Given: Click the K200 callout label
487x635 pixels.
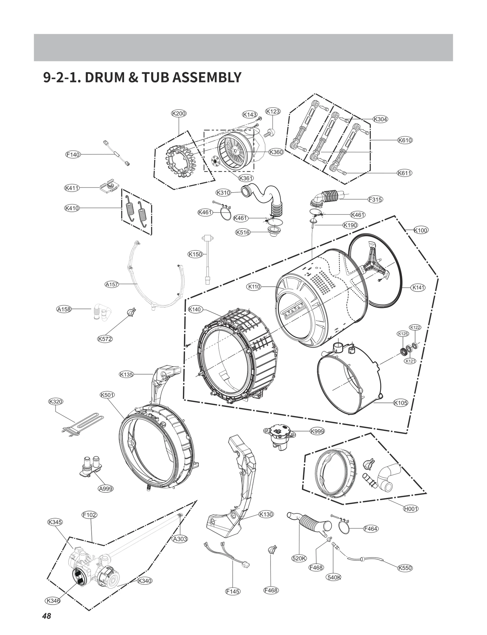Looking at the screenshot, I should [179, 113].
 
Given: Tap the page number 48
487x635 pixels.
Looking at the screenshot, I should [47, 616].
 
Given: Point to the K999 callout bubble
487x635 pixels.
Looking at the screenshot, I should [317, 431].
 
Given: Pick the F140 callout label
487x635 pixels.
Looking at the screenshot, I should [73, 154].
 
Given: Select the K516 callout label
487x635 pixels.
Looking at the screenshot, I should [243, 232].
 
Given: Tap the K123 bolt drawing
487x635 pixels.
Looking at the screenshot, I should [270, 132].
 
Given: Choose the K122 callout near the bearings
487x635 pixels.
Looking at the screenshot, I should [415, 327].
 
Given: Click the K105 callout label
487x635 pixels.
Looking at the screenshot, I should [401, 403].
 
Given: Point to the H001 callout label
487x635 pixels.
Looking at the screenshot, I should [411, 509].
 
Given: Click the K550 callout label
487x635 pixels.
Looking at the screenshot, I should [405, 568].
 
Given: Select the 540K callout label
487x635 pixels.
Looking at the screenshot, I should [334, 577].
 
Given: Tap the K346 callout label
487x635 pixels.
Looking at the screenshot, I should [53, 601].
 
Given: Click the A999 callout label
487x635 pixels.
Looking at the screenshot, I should [106, 489].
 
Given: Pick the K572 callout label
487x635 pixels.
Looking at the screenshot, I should [105, 339].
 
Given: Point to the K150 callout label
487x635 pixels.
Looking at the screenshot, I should [195, 254].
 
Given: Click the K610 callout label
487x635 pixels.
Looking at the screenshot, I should [405, 140].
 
